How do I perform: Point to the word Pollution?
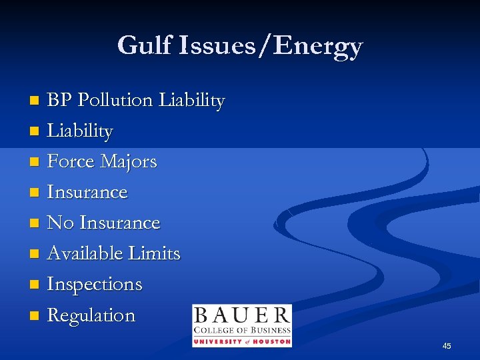(x=115, y=100)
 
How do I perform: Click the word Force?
(x=71, y=161)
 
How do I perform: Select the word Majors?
(x=128, y=162)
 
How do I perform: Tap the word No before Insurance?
(x=61, y=223)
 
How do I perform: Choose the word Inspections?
(x=95, y=285)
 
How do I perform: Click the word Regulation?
(x=91, y=315)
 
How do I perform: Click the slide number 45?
(x=447, y=345)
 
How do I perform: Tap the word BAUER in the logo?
(x=241, y=316)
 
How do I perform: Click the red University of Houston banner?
(x=241, y=341)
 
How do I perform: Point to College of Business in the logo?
(x=241, y=330)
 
